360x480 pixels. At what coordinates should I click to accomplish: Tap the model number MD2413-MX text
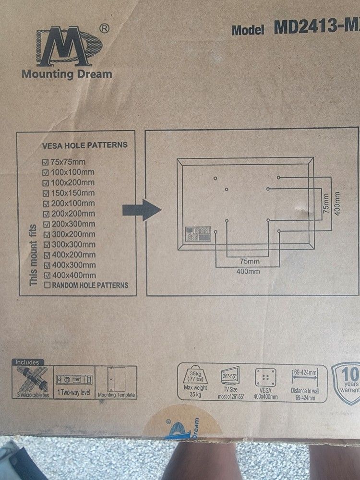317,28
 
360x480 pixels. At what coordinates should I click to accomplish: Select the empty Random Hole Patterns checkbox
47,285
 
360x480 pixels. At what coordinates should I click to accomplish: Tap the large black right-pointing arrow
141,209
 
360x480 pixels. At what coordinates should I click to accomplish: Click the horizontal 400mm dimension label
248,271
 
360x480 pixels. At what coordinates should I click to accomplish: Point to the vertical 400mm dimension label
337,204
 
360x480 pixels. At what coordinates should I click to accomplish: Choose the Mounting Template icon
116,379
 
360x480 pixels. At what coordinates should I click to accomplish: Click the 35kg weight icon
195,374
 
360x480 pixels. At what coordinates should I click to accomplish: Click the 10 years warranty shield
348,379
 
